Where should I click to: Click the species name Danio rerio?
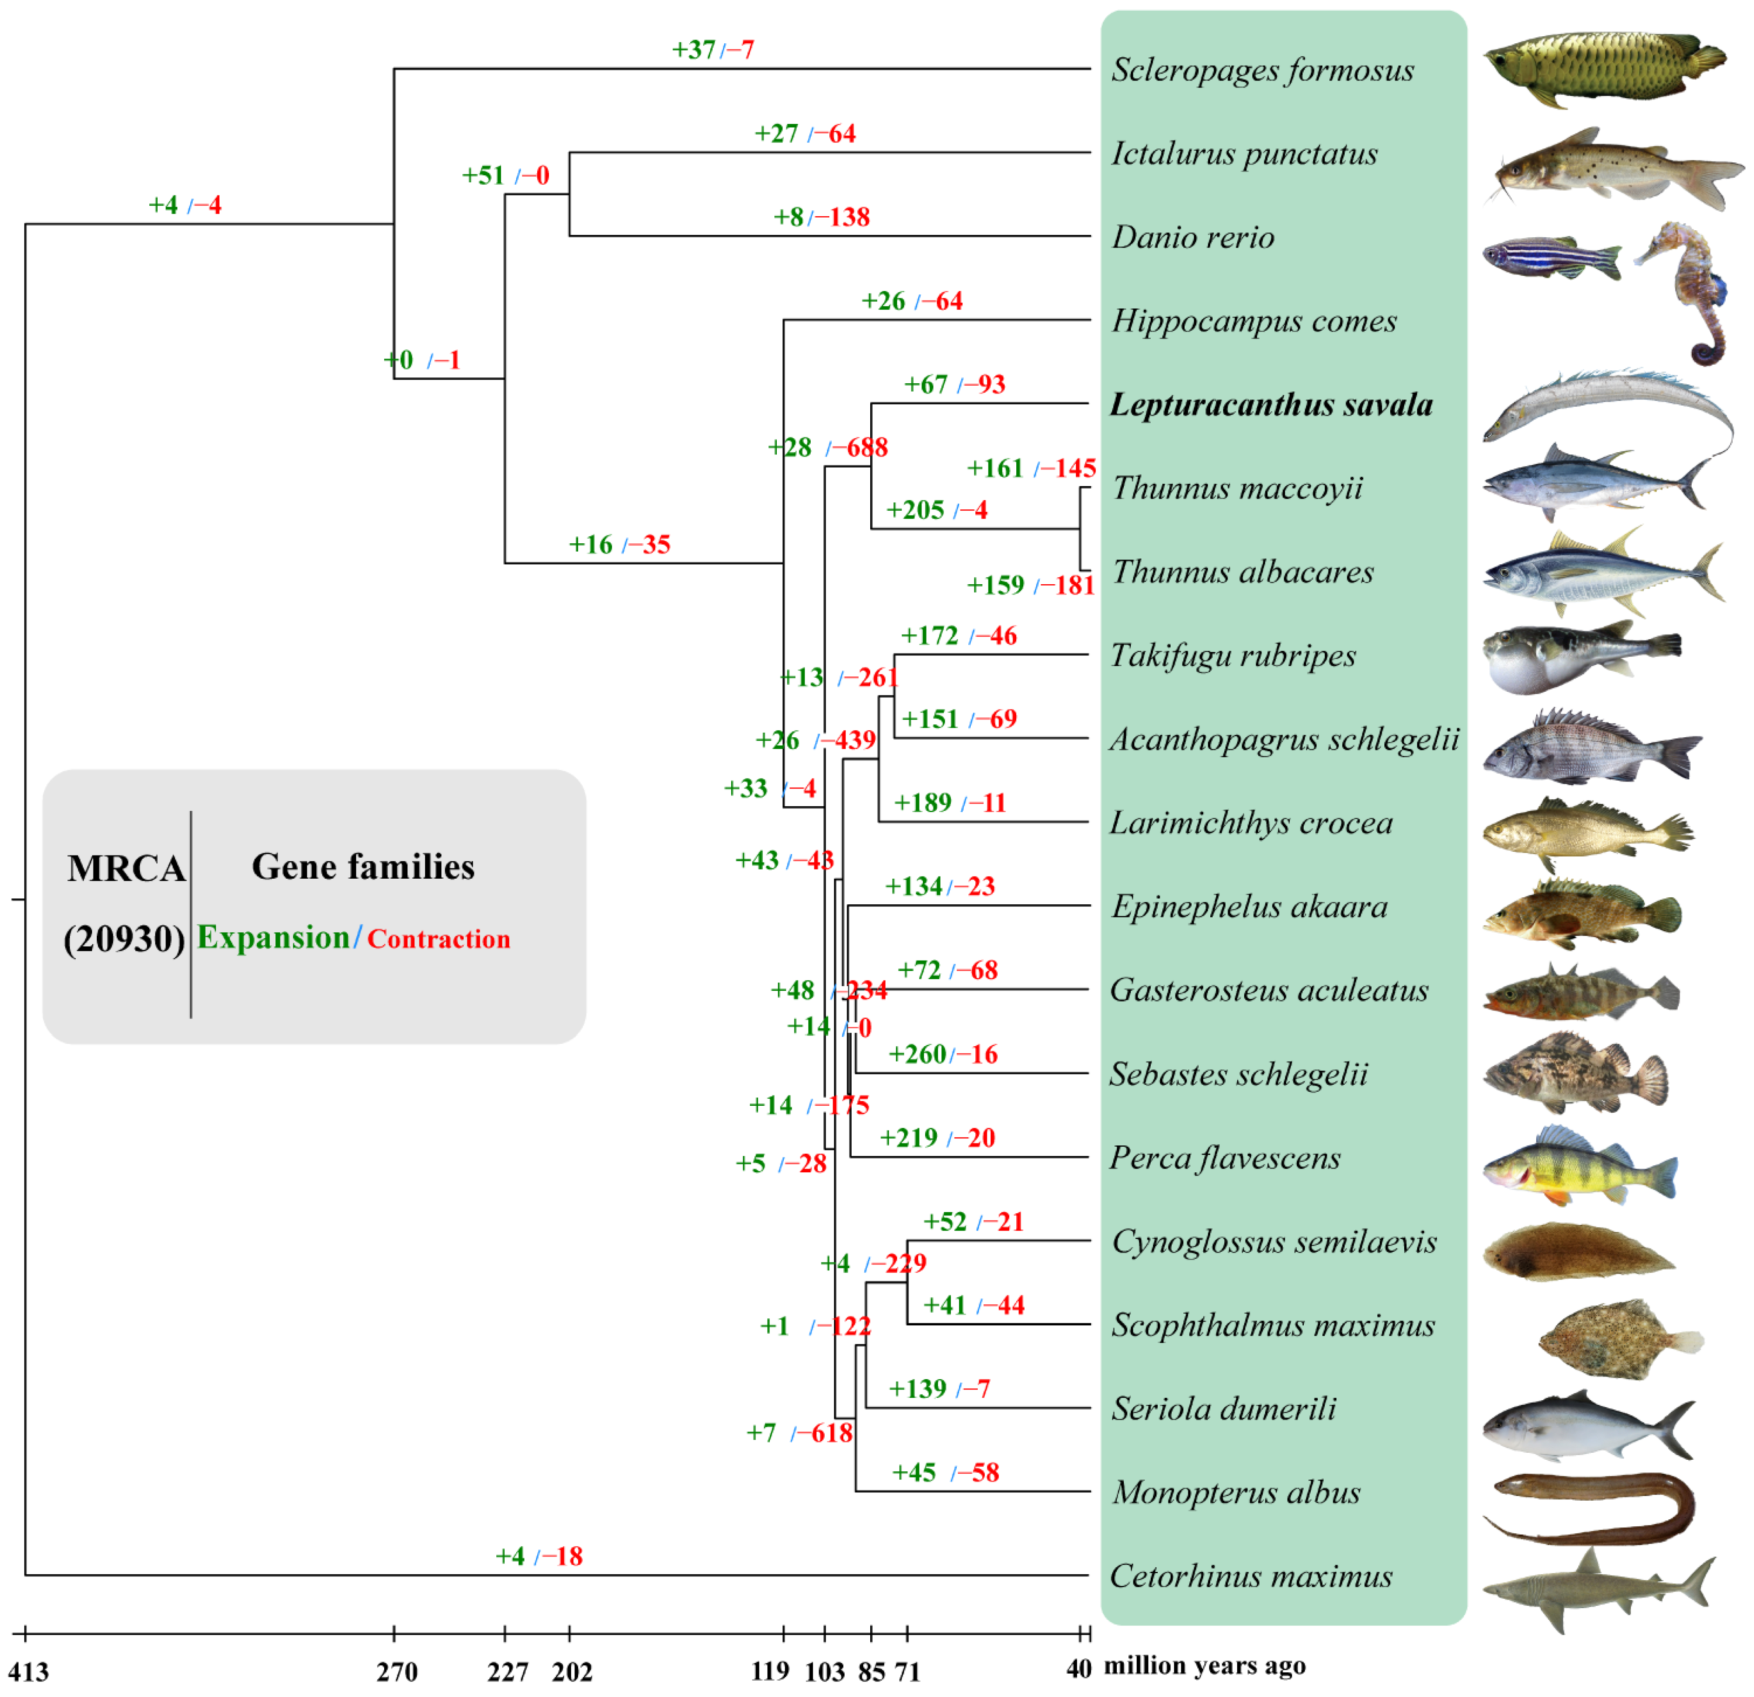1193,237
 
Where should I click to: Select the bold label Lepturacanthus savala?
1271,405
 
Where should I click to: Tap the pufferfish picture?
1580,656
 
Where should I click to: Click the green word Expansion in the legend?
273,937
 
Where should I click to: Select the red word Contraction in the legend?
439,939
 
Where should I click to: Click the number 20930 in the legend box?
124,939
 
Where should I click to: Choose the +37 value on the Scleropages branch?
694,49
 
